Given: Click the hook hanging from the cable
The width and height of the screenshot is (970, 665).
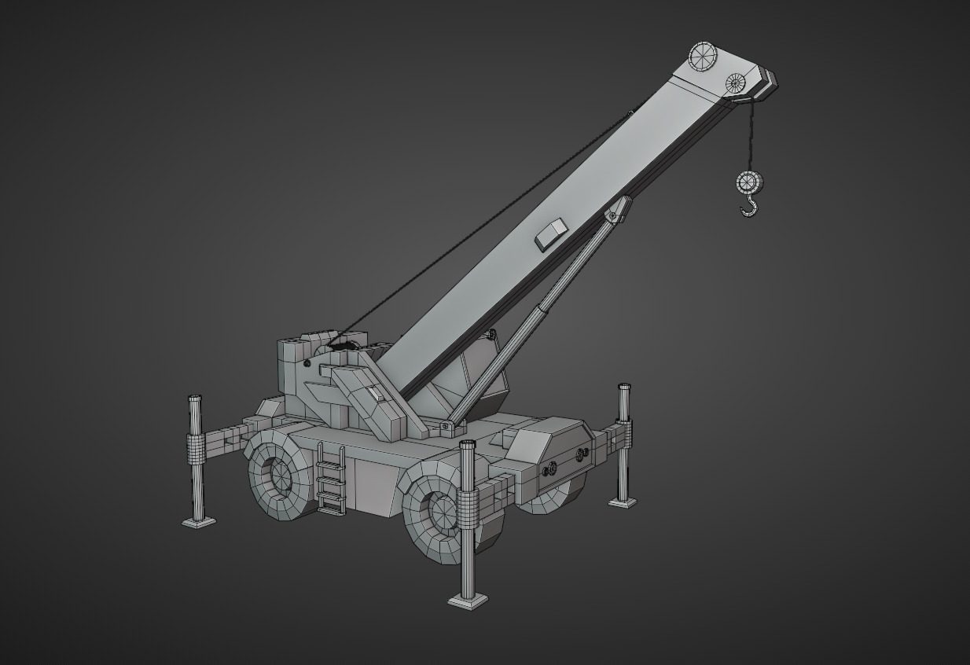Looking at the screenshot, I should pos(751,208).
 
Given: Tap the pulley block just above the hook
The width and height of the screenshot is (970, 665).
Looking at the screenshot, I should pos(750,183).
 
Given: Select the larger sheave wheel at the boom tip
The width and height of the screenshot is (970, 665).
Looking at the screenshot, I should pos(704,57).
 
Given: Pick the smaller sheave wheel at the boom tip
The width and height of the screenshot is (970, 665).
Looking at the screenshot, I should pos(736,82).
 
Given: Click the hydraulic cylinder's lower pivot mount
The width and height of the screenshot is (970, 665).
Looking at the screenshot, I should pos(446,426).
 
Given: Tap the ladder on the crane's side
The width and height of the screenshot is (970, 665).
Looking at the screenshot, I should pos(331,479).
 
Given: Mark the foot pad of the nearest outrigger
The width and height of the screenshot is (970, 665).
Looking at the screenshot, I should pos(468,601).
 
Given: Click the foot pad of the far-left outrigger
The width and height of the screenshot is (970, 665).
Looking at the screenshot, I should pos(199,522).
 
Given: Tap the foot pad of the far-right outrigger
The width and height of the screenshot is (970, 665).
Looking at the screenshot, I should pos(623,501).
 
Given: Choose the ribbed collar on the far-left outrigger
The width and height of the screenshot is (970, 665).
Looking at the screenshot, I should pos(195,449).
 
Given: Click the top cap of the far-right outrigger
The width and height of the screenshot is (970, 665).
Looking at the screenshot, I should pos(624,387).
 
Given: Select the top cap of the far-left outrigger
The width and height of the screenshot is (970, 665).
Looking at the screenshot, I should pos(193,398).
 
